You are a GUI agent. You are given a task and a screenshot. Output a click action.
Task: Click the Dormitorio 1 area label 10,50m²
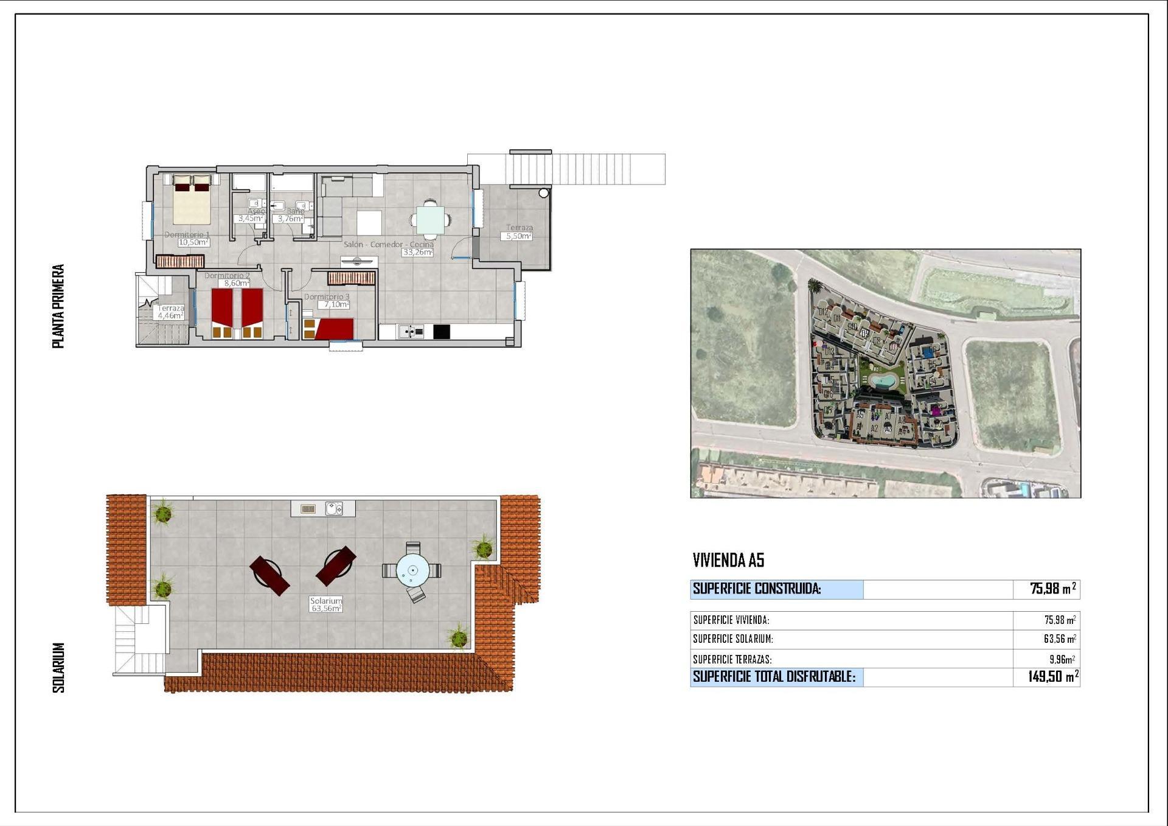[193, 242]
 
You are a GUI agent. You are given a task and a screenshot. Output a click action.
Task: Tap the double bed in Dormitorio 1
[192, 200]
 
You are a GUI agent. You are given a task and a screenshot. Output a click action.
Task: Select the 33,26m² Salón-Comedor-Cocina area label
[417, 252]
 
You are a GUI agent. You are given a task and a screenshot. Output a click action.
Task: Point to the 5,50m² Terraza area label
[518, 236]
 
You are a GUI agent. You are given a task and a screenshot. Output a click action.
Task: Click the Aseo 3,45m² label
[250, 218]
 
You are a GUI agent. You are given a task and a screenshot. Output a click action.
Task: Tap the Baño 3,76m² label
[290, 219]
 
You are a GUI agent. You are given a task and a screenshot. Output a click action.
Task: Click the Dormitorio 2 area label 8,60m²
[234, 283]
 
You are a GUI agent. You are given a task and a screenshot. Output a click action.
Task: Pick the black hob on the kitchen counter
[442, 332]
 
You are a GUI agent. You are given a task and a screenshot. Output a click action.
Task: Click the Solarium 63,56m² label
[326, 607]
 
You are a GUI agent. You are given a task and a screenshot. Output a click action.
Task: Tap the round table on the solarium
[412, 571]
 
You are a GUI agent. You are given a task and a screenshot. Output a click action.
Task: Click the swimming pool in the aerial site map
[880, 382]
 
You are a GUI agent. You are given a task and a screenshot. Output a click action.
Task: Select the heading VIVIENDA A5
[728, 560]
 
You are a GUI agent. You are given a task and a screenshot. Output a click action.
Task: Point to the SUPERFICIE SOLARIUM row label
[733, 639]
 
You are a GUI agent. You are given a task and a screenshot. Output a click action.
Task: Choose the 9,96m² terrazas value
[1062, 659]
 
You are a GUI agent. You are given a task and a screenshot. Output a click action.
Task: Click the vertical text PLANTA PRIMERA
[58, 306]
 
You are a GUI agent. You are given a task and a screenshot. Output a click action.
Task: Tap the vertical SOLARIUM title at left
[58, 667]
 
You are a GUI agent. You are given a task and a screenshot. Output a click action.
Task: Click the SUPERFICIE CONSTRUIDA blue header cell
[776, 589]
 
